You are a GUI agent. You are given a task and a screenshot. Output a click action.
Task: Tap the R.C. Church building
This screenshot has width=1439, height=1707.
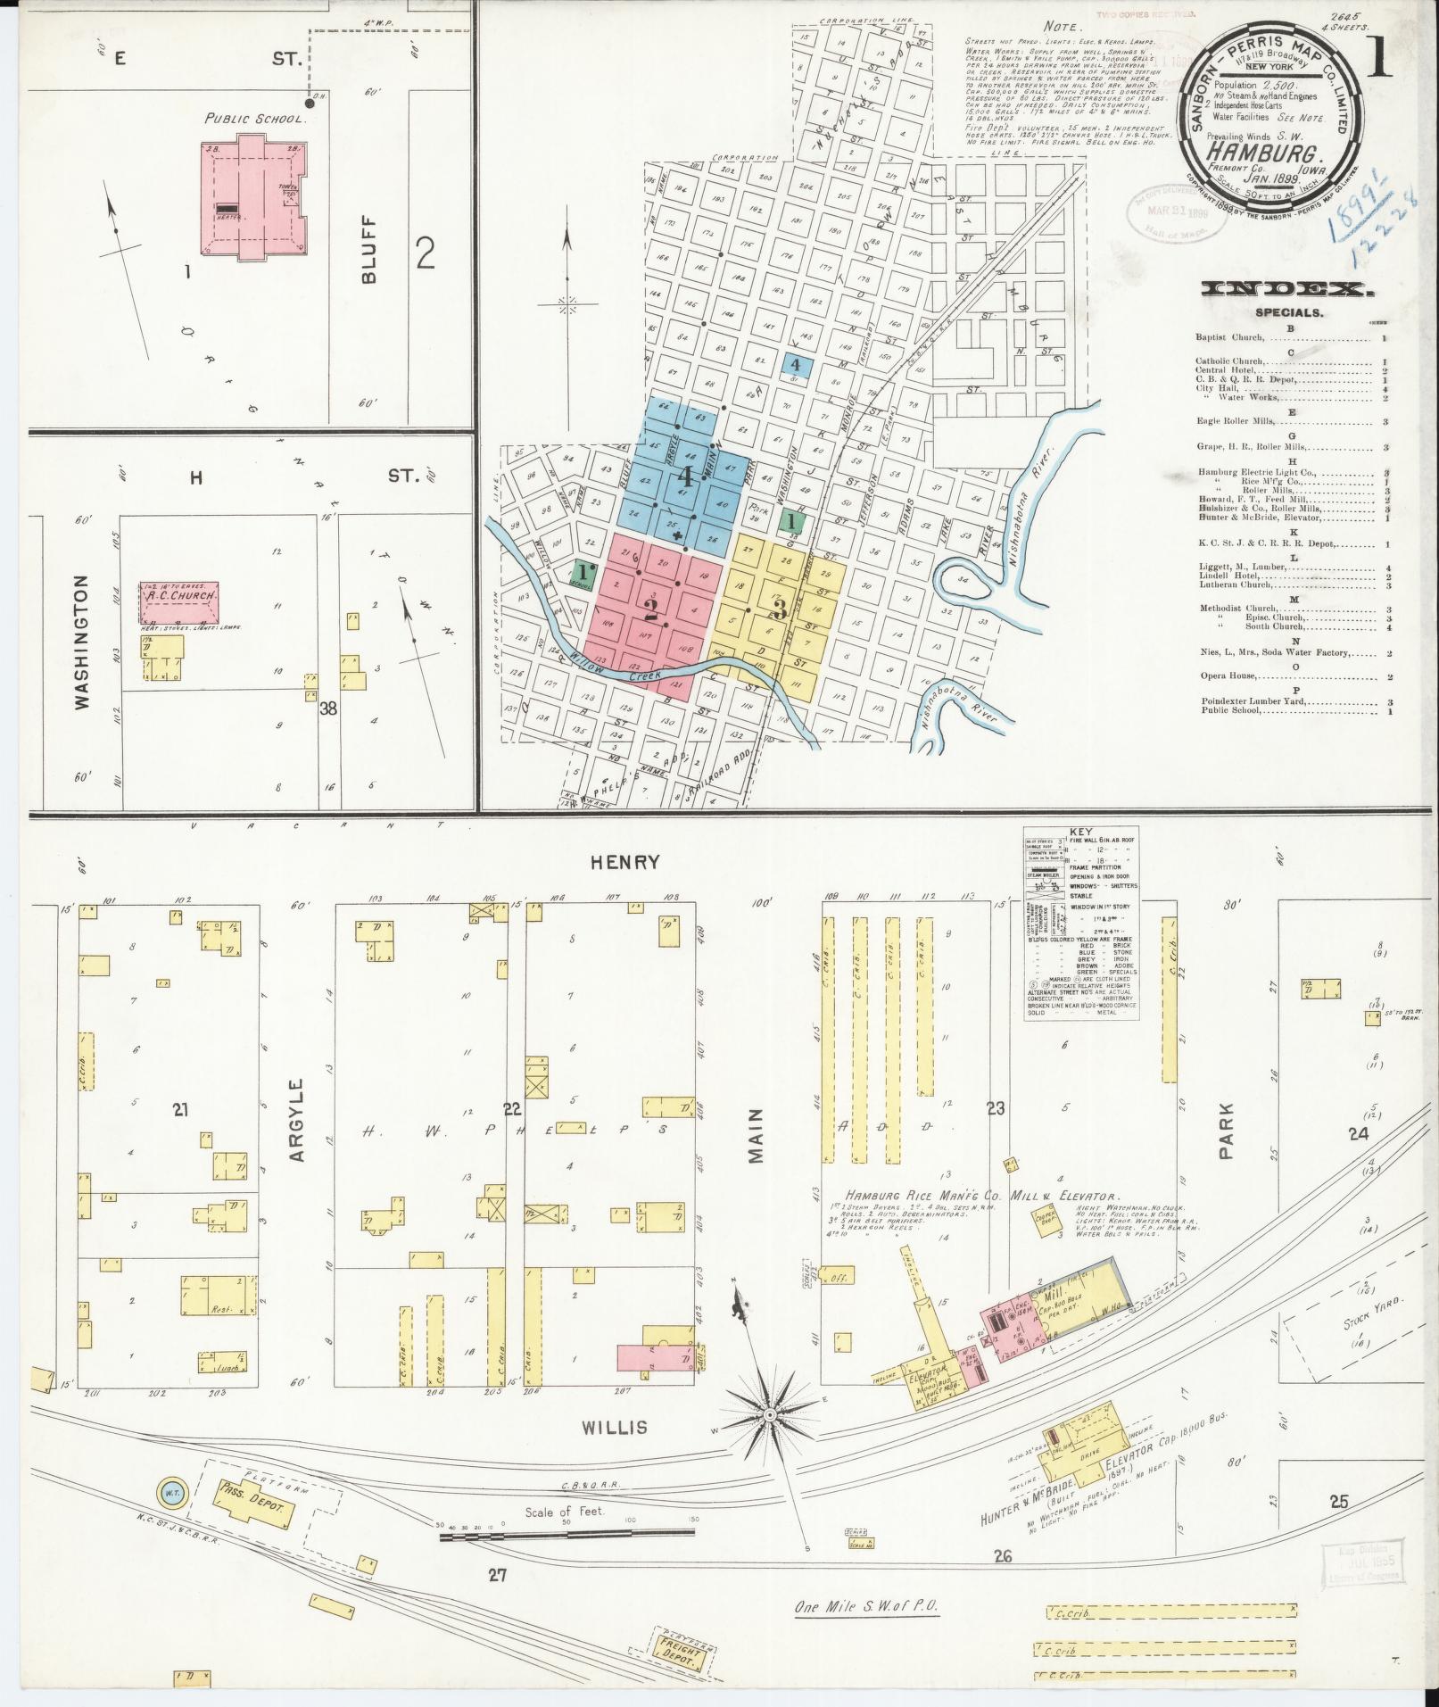(178, 604)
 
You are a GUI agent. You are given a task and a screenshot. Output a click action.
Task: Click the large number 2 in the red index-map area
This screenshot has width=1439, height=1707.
(651, 609)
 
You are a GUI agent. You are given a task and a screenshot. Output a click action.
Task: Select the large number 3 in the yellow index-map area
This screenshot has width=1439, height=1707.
(778, 610)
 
